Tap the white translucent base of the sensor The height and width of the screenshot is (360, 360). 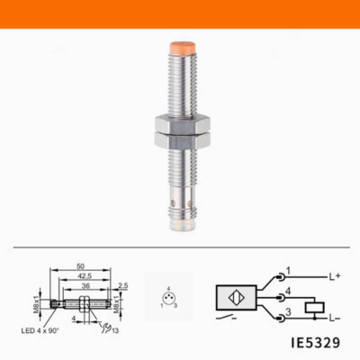click(180, 226)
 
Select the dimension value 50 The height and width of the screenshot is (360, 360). click(81, 268)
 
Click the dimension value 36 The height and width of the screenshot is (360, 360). click(83, 286)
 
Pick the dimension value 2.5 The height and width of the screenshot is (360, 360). click(122, 286)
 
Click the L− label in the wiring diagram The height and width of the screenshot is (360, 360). click(334, 316)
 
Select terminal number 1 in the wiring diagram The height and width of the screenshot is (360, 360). click(288, 269)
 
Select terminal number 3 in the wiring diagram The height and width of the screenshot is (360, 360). click(288, 310)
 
